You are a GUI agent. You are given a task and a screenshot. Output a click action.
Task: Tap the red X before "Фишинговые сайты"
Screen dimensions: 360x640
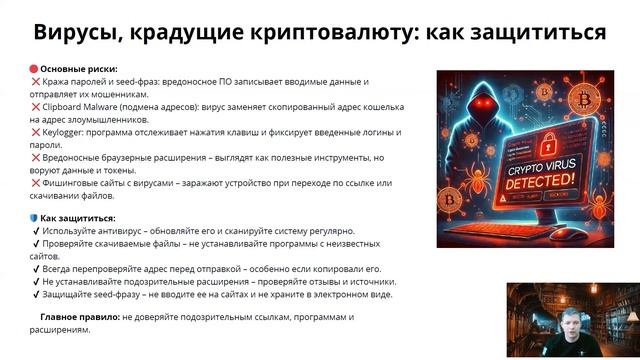[x=35, y=182]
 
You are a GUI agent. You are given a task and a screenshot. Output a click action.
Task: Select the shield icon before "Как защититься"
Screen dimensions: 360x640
[x=33, y=218]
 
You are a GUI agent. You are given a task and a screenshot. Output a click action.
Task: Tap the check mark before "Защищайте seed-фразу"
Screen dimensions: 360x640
[x=35, y=295]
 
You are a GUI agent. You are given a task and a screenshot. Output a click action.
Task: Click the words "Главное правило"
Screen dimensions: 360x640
[x=79, y=317]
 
